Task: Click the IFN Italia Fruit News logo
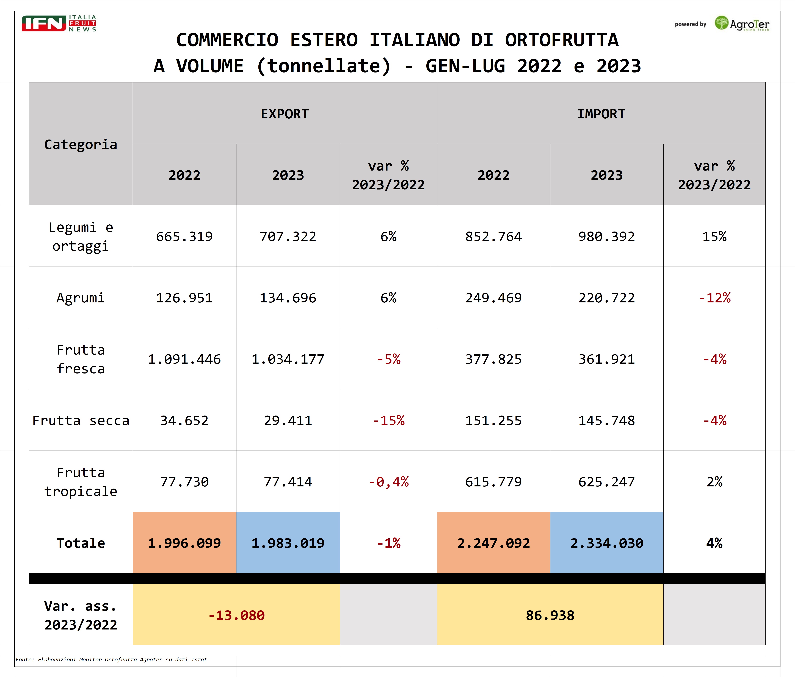click(59, 23)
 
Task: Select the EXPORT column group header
click(285, 114)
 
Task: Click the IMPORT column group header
click(601, 114)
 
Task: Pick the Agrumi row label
click(81, 298)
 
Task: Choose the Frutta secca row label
click(81, 420)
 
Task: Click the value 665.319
click(184, 236)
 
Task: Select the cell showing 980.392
click(607, 236)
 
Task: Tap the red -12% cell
click(714, 298)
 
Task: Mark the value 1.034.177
click(288, 359)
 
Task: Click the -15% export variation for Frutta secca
click(388, 420)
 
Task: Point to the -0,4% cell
click(388, 482)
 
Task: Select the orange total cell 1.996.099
click(184, 543)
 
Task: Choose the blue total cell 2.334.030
click(607, 543)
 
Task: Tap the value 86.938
click(550, 615)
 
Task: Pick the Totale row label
click(81, 543)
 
